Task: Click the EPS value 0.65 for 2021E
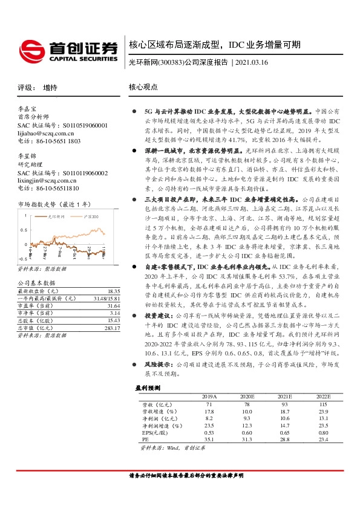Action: coord(284,432)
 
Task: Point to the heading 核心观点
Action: coord(142,88)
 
